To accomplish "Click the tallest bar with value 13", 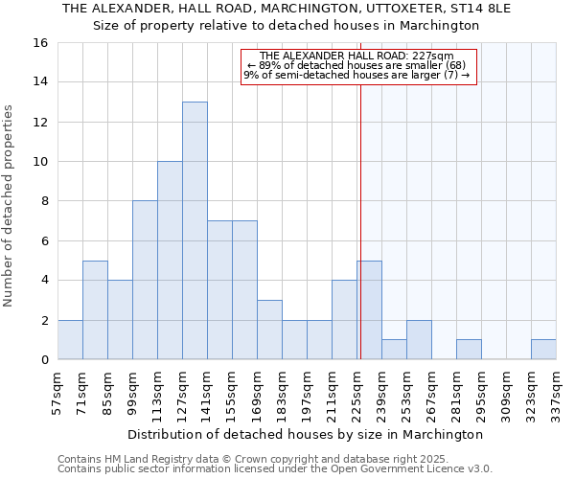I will (195, 230).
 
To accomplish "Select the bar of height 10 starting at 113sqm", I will (170, 261).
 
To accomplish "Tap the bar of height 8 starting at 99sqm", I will (145, 280).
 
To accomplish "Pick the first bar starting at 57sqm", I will (70, 340).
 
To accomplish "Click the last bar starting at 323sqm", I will (543, 350).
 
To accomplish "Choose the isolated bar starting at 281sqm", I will (469, 350).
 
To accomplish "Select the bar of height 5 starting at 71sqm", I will (95, 310).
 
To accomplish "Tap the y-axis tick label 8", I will (44, 201).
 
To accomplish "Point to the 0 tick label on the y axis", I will (44, 360).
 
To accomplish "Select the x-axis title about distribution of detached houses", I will (307, 434).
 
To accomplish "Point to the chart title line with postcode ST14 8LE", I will (287, 9).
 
